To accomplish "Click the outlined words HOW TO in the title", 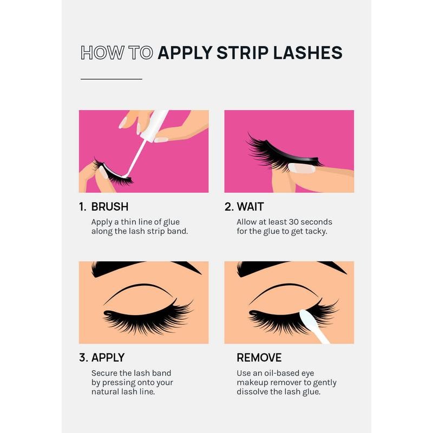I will [x=116, y=53].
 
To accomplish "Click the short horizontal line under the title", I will [x=111, y=79].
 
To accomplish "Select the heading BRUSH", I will [x=110, y=207].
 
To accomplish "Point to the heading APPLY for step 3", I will [x=108, y=358].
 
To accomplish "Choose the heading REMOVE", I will [x=259, y=358].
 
